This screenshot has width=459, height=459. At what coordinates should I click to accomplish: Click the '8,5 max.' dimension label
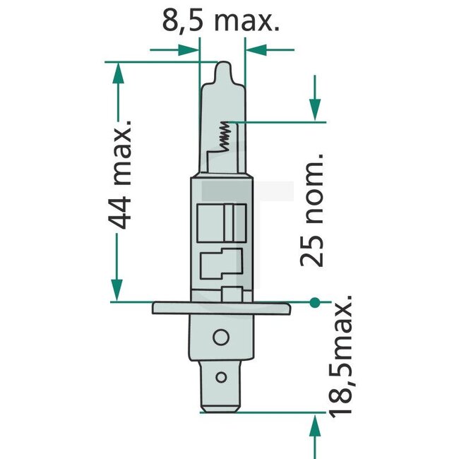pyautogui.click(x=221, y=20)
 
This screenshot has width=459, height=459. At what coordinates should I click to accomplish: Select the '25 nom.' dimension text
pyautogui.click(x=311, y=208)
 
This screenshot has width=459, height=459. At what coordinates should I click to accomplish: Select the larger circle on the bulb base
pyautogui.click(x=222, y=338)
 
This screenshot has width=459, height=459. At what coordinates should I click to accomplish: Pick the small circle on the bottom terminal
pyautogui.click(x=222, y=377)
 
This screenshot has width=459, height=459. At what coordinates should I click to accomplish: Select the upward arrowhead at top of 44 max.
pyautogui.click(x=117, y=71)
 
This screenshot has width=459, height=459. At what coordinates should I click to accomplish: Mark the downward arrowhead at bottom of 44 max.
pyautogui.click(x=117, y=292)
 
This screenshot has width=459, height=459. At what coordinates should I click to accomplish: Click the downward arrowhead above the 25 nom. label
pyautogui.click(x=314, y=110)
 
